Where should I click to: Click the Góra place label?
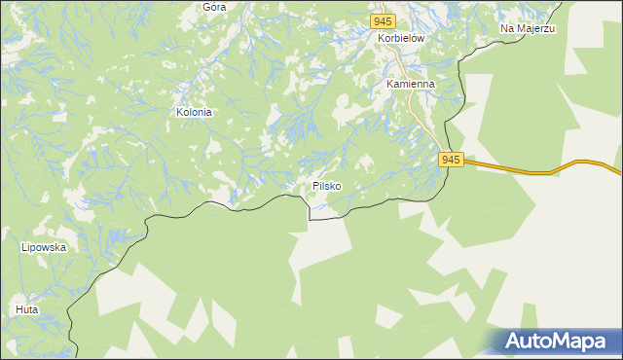pos(214,7)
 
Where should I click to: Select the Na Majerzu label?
pos(528,29)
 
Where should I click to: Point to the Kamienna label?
pos(410,85)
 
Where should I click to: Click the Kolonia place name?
pos(194,112)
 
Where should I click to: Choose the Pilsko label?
pos(327,185)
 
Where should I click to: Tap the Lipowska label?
pos(43,247)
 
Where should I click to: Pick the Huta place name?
pos(27,309)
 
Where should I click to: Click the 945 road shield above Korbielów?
pos(383,21)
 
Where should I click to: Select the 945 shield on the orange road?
pos(450,160)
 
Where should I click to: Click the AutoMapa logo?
pos(556,342)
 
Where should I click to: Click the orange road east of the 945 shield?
pos(526,171)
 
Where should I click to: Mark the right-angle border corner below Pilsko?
pos(310,220)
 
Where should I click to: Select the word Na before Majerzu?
pos(508,29)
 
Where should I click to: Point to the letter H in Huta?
pos(19,309)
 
